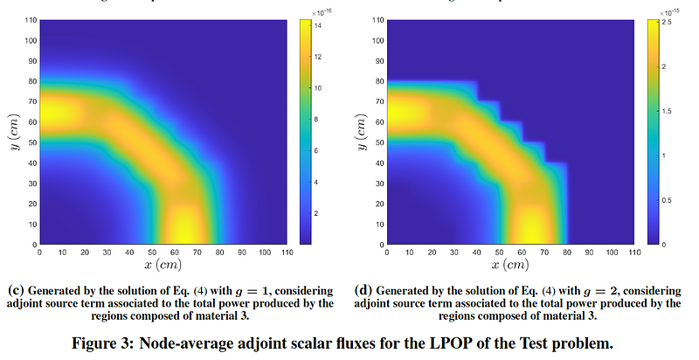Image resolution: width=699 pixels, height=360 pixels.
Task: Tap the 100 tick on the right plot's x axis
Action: pos(608,252)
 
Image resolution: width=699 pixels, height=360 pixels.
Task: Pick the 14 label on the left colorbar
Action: pos(321,26)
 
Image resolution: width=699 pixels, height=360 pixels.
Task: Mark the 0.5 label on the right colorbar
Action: pos(667,199)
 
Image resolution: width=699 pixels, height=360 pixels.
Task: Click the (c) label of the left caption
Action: pos(15,289)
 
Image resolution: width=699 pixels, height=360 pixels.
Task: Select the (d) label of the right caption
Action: pos(365,289)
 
